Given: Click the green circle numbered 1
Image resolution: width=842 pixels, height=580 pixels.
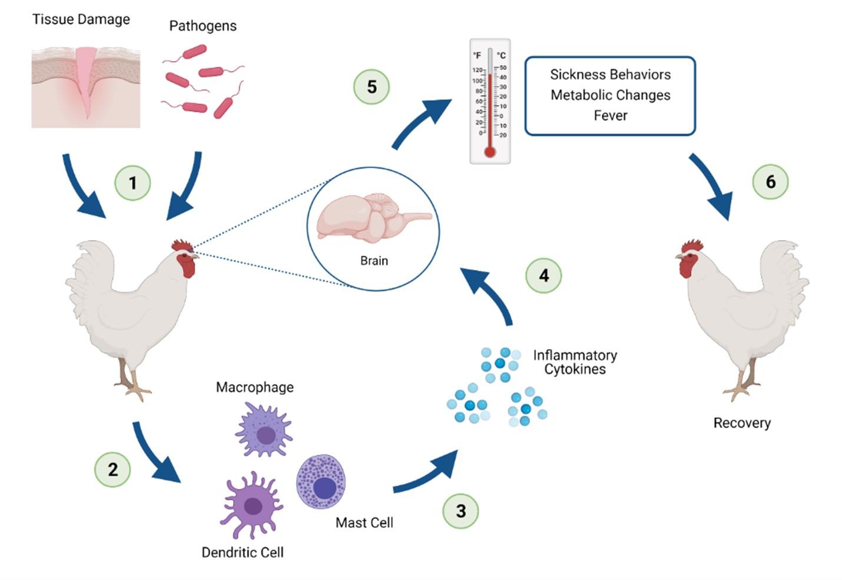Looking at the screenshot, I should (132, 183).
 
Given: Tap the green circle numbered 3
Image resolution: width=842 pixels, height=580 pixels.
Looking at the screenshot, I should (460, 511).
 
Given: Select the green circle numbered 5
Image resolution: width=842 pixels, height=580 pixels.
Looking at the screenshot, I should (372, 87).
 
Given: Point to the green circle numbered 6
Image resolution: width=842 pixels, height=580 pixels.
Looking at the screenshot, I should (770, 182).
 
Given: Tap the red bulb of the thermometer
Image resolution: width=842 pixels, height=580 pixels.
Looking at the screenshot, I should (489, 152).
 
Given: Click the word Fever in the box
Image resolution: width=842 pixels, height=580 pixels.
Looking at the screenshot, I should (610, 115).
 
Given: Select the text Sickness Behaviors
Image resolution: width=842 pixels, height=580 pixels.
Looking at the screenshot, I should (610, 75).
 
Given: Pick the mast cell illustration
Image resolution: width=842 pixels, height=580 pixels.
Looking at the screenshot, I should (321, 481).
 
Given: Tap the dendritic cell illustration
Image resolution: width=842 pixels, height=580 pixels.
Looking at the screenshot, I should (252, 504).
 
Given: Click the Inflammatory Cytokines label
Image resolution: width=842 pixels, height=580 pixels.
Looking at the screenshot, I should (575, 362).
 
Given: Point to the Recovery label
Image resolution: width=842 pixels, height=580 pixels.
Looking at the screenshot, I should (741, 423).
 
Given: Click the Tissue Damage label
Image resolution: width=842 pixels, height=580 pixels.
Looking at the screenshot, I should (81, 19).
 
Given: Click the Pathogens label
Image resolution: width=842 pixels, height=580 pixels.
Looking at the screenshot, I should (203, 26).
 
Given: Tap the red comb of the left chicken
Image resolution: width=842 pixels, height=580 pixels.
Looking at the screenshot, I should (181, 245).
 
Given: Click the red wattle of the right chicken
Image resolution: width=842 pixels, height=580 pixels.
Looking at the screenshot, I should (687, 266).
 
